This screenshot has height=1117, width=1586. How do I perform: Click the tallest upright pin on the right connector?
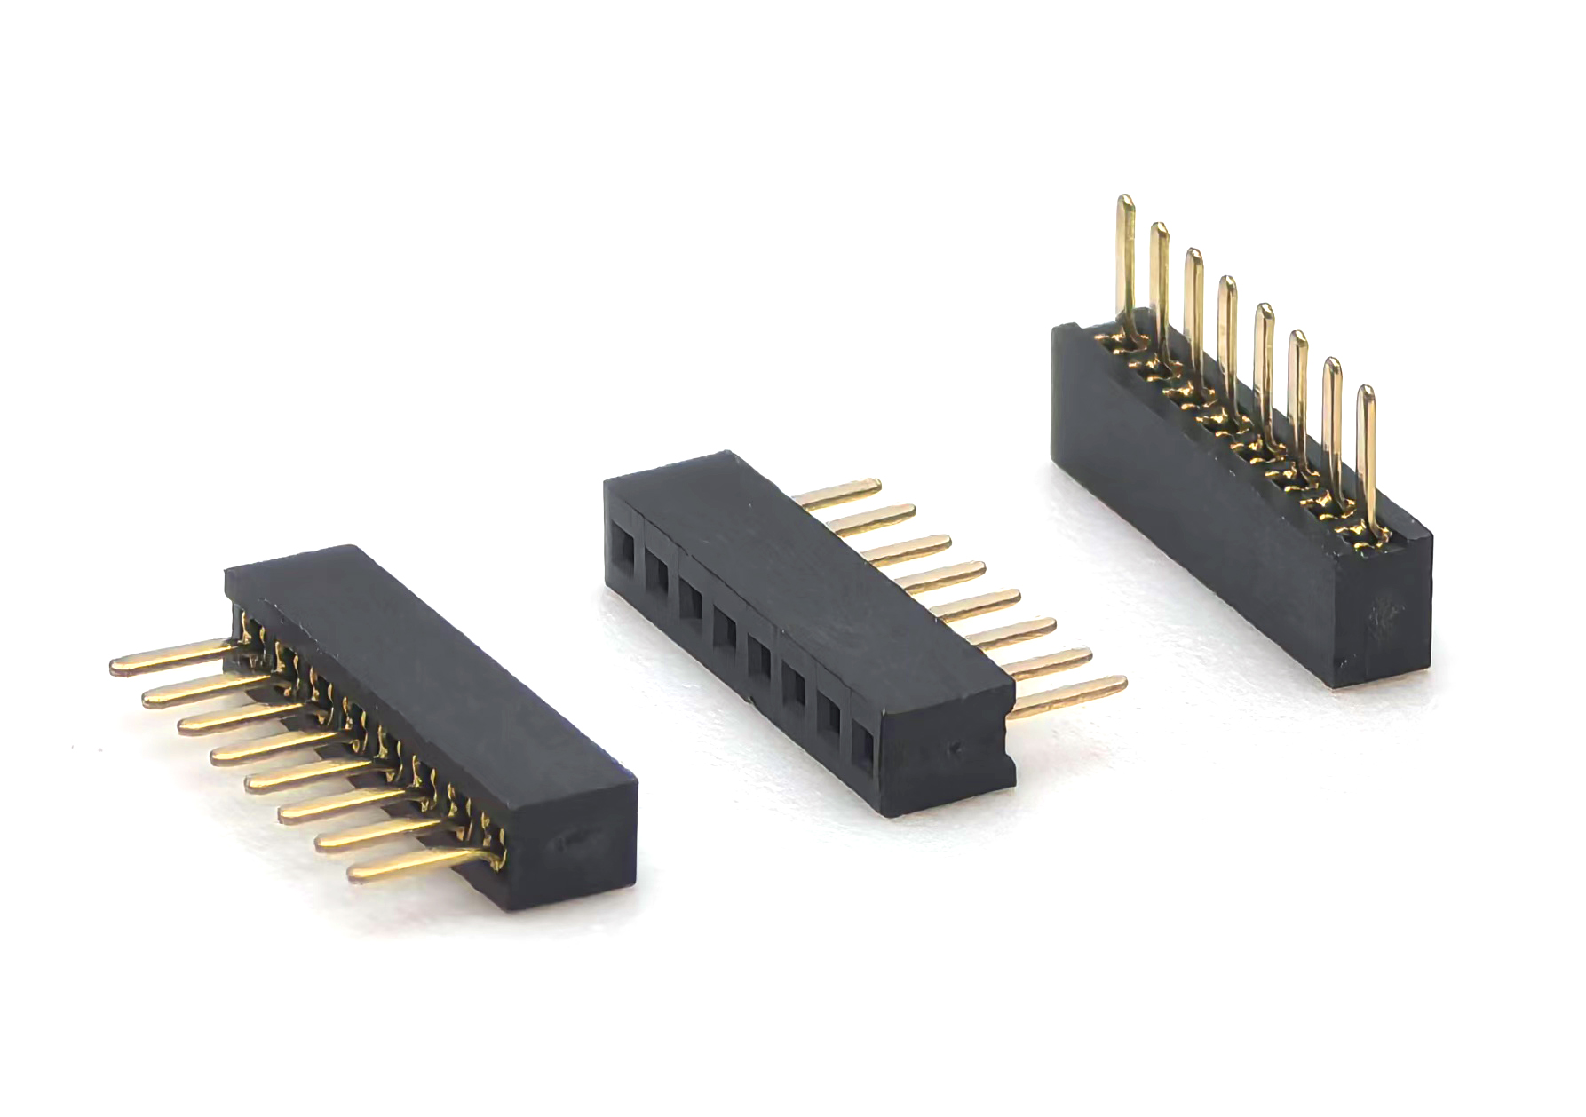(1126, 257)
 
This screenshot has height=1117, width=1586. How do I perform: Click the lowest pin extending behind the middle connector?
(1070, 696)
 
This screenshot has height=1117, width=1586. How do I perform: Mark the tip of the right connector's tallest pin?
(1125, 202)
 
